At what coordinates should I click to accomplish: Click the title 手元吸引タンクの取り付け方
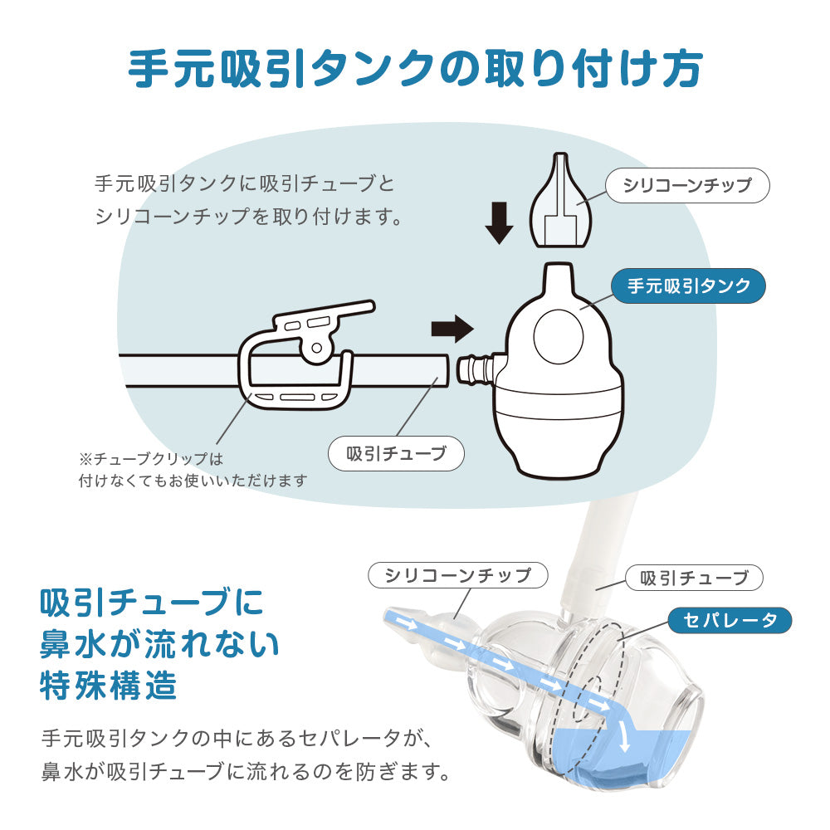(x=415, y=70)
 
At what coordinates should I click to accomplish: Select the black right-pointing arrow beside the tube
(x=452, y=329)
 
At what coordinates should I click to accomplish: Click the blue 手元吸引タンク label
(x=688, y=286)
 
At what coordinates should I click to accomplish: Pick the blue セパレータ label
(x=730, y=619)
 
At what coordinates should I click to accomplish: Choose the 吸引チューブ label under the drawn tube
(x=396, y=453)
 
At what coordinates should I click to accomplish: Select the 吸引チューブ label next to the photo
(x=694, y=577)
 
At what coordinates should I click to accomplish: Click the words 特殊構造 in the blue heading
(x=109, y=686)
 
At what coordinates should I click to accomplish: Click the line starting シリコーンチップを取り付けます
(x=248, y=217)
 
